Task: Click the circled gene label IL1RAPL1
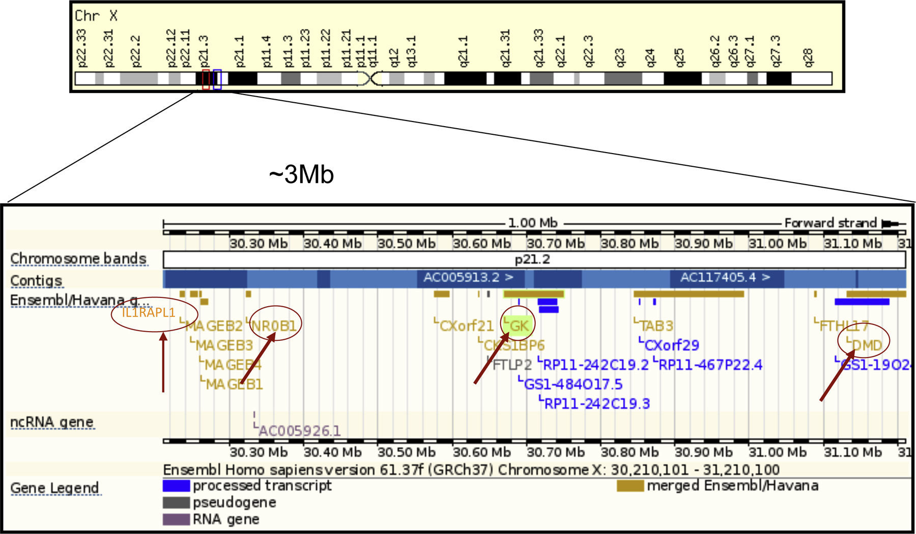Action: pos(148,312)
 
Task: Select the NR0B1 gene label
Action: pos(274,325)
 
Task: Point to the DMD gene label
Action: pos(867,346)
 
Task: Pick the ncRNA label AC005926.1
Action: pos(299,431)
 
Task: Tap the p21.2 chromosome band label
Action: pos(532,260)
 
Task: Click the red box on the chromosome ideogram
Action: pos(206,80)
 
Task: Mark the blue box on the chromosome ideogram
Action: pos(217,80)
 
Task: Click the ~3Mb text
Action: pos(301,175)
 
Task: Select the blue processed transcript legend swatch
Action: pos(176,486)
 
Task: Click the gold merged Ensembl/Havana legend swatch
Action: pos(630,486)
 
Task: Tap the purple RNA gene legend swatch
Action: pos(176,519)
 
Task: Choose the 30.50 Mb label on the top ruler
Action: pos(406,244)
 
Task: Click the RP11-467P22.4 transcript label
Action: pos(710,365)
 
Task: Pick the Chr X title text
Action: pos(96,16)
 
